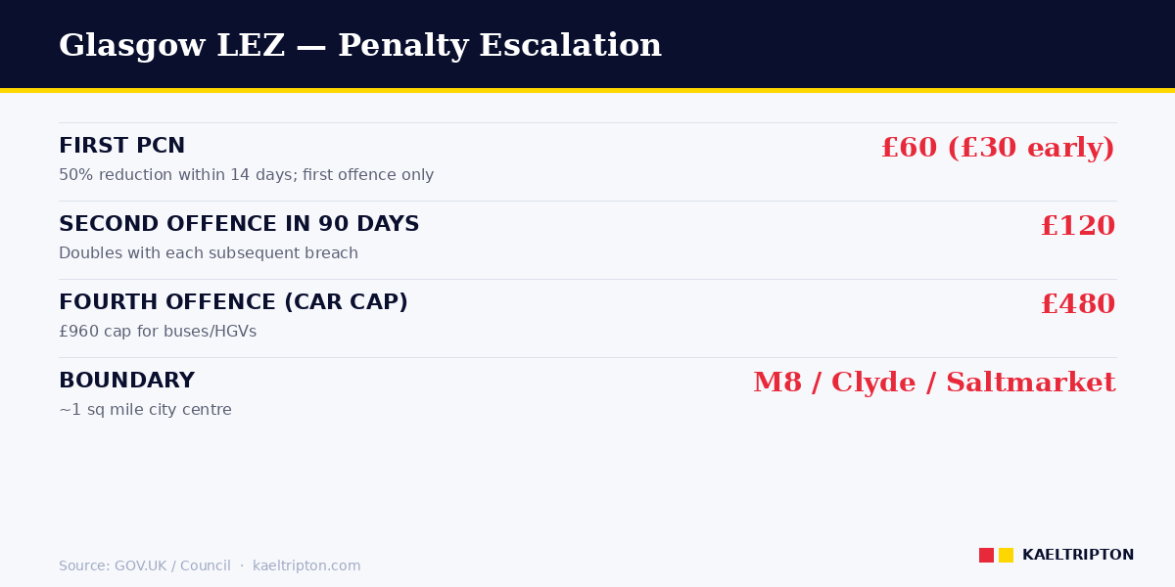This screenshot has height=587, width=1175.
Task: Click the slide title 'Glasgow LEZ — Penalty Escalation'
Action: click(x=359, y=46)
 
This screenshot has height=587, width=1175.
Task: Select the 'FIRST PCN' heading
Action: click(x=121, y=147)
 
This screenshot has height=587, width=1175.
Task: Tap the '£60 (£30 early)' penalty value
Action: click(x=997, y=149)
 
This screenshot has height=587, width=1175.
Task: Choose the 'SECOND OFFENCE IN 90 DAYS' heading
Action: click(x=239, y=225)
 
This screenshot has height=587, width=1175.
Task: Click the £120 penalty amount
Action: click(x=1077, y=227)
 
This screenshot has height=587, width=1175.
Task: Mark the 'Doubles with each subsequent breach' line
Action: click(x=208, y=254)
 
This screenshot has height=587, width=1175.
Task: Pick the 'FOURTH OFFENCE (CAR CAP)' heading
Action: click(x=233, y=303)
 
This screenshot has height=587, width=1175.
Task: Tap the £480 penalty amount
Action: click(x=1077, y=305)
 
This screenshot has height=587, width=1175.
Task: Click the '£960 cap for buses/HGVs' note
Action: click(x=157, y=333)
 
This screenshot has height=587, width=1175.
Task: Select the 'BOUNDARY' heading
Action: click(x=126, y=382)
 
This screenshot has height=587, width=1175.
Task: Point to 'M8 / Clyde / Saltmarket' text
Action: click(x=933, y=384)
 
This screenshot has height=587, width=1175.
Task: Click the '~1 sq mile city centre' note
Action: click(x=145, y=411)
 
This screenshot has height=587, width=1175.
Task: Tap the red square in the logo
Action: click(x=986, y=555)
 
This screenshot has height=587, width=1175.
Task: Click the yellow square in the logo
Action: click(x=1006, y=555)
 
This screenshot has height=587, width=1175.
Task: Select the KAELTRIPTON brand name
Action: click(x=1077, y=556)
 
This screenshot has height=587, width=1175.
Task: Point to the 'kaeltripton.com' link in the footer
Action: click(x=306, y=566)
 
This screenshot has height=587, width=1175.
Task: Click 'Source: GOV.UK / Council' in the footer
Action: click(x=144, y=566)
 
